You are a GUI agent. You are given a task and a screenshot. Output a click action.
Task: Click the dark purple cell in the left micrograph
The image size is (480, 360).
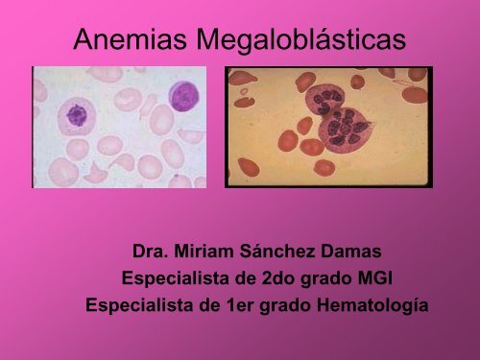pyautogui.click(x=183, y=95)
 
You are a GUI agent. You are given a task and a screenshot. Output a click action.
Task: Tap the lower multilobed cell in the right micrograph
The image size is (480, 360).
pyautogui.click(x=347, y=125)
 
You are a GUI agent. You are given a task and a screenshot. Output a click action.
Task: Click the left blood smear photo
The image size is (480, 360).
pyautogui.click(x=119, y=126)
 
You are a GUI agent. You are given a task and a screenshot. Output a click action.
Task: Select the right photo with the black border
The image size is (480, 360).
pyautogui.click(x=328, y=126)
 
